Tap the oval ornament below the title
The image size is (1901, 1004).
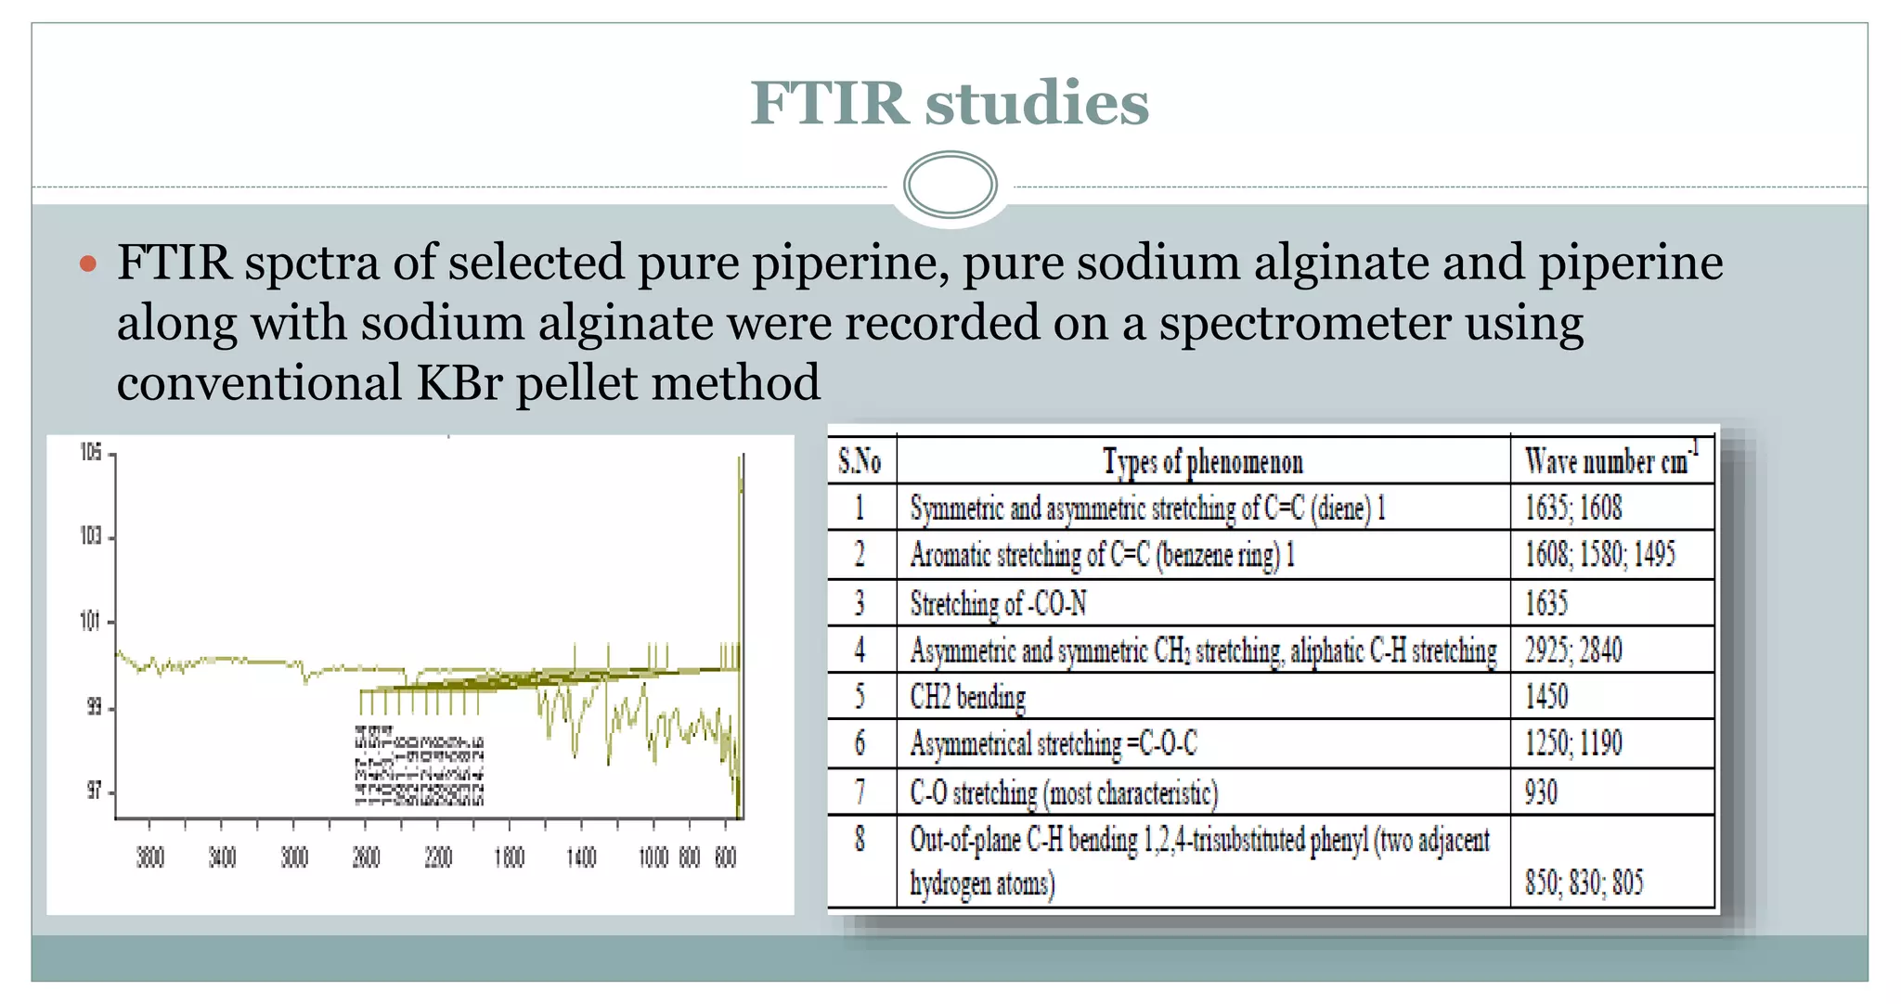[x=950, y=185]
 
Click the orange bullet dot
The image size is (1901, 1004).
[x=88, y=264]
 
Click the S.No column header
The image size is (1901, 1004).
[x=860, y=461]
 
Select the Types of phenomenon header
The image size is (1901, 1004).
[x=1203, y=461]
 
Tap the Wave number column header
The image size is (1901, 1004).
[x=1610, y=461]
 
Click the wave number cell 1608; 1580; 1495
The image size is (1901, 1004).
[x=1599, y=555]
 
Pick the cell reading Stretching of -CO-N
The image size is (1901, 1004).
[x=998, y=604]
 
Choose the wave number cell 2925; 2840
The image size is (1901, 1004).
[x=1573, y=650]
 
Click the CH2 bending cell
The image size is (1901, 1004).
[x=968, y=697]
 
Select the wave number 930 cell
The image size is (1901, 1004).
[x=1542, y=792]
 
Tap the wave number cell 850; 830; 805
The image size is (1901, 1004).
[x=1584, y=882]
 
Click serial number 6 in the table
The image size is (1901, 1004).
[x=860, y=743]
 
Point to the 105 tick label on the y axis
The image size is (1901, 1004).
[x=91, y=453]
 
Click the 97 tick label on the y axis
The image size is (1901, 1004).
[x=94, y=792]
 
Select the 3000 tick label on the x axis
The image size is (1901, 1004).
[x=294, y=857]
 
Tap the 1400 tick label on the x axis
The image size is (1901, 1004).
[x=581, y=857]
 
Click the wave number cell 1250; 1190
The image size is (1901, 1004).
[x=1573, y=743]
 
